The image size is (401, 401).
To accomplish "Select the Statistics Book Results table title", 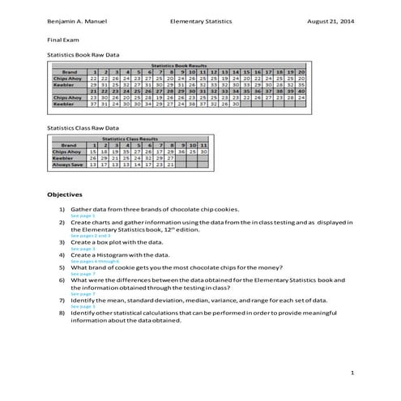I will pyautogui.click(x=184, y=65).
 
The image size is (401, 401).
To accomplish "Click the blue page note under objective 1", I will pyautogui.click(x=81, y=215).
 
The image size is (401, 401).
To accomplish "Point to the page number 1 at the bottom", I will pyautogui.click(x=352, y=372).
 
